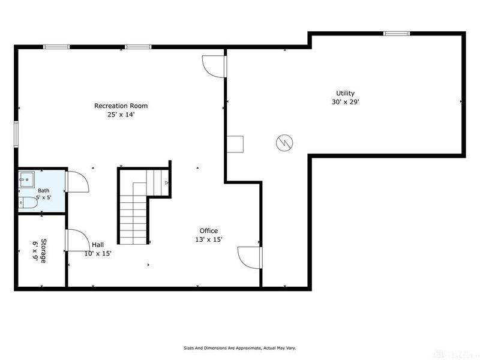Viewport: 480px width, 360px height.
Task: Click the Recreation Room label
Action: (121, 106)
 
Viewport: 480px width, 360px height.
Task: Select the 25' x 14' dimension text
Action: (121, 115)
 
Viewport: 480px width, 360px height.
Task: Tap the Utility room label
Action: (346, 94)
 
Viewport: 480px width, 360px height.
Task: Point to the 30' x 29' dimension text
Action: (346, 102)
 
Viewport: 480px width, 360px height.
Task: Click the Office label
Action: (209, 231)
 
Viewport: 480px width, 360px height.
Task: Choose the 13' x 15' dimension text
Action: (209, 239)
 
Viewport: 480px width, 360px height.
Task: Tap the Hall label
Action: (98, 245)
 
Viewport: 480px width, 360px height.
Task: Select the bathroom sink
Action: (27, 179)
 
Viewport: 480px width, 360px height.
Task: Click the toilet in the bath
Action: (28, 203)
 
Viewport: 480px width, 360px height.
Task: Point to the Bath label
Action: (43, 191)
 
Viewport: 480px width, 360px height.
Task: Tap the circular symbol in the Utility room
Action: (284, 143)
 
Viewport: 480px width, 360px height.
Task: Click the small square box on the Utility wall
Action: (235, 144)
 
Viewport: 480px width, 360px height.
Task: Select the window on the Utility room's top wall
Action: (397, 34)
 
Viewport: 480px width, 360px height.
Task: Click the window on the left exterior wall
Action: (16, 134)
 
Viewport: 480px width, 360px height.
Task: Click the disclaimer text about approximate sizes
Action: (239, 348)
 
